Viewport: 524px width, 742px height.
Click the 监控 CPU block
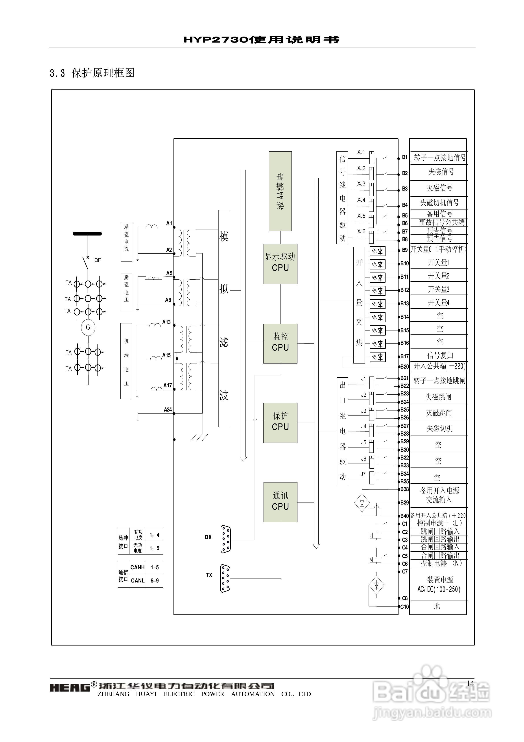pyautogui.click(x=280, y=343)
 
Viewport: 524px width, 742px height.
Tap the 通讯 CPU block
pyautogui.click(x=280, y=502)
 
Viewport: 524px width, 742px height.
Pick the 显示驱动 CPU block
pyautogui.click(x=280, y=264)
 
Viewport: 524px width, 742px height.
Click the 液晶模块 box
pyautogui.click(x=280, y=191)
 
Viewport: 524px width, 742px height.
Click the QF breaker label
pyautogui.click(x=97, y=260)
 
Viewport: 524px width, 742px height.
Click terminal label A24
pyautogui.click(x=168, y=410)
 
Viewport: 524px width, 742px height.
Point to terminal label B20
pyautogui.click(x=404, y=366)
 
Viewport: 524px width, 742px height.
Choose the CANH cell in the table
pyautogui.click(x=137, y=567)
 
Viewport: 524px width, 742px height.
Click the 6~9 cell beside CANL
pyautogui.click(x=154, y=581)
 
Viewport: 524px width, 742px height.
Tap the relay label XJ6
pyautogui.click(x=361, y=231)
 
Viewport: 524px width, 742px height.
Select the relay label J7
pyautogui.click(x=363, y=474)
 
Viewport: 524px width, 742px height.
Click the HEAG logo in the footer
pyautogui.click(x=69, y=687)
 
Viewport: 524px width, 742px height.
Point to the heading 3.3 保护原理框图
pyautogui.click(x=92, y=73)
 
